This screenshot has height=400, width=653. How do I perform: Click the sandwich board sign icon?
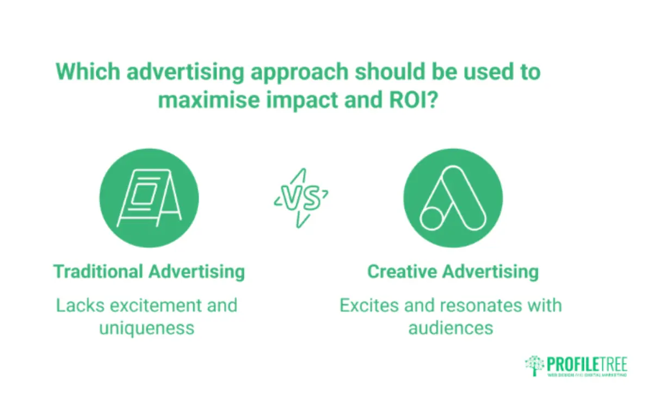coord(149,198)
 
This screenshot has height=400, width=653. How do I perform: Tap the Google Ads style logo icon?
coord(452,198)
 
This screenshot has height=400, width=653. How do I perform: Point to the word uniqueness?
coord(146,328)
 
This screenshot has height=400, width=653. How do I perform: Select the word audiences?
coord(451,328)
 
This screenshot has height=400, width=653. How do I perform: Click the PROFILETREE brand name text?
coord(587,364)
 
